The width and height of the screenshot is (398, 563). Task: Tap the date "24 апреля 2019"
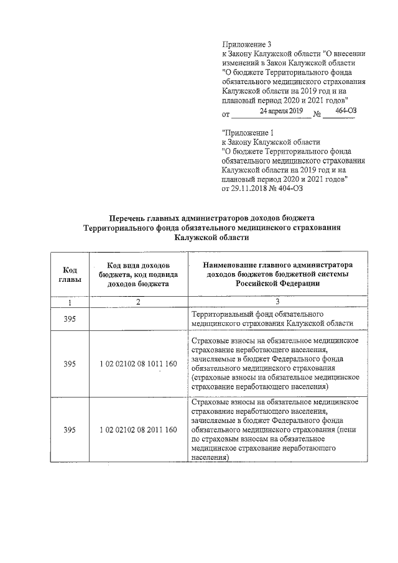pyautogui.click(x=280, y=111)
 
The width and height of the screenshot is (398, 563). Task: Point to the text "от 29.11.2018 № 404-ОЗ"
pyautogui.click(x=262, y=189)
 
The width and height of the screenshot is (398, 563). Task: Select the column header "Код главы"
pyautogui.click(x=70, y=274)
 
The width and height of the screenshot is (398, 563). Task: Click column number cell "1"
pyautogui.click(x=70, y=302)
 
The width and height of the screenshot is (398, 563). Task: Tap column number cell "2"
pyautogui.click(x=139, y=302)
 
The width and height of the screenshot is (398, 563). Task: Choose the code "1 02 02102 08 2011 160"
pyautogui.click(x=139, y=430)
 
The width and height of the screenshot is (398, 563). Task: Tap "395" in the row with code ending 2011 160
pyautogui.click(x=70, y=430)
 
